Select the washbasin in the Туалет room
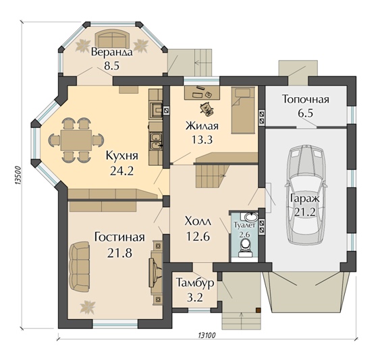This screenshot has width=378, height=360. pos(251,216)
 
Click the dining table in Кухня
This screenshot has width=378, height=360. pos(76,140)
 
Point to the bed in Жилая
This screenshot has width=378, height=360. pos(243,110)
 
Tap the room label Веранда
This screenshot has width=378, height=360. pos(112,52)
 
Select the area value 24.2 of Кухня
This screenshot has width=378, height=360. pos(122,171)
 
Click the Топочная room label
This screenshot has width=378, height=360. pos(306,99)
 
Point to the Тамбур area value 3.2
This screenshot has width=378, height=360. pos(194,297)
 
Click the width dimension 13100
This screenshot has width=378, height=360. pos(207,335)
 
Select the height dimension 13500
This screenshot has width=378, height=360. pos(18,175)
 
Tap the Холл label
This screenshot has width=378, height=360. pos(198,222)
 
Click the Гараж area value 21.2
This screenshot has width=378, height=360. pos(304,212)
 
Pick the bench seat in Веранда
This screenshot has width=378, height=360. pos(113,39)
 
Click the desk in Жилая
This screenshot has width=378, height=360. pos(202,93)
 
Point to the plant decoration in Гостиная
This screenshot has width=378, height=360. pos(88,307)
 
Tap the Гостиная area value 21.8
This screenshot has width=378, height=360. pos(119,253)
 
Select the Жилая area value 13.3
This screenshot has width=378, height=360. pos(202,140)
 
